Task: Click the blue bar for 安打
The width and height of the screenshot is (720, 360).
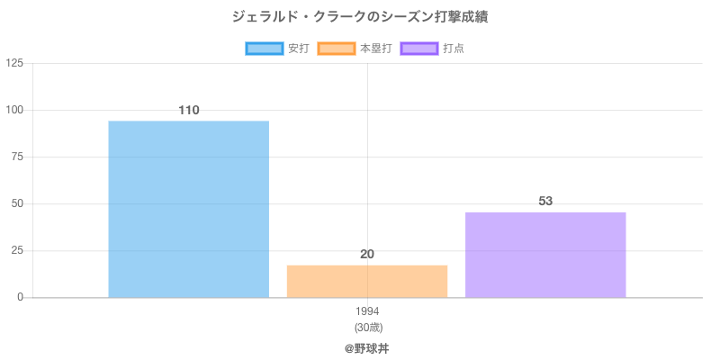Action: tap(188, 209)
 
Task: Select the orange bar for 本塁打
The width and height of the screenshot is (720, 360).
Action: tap(367, 281)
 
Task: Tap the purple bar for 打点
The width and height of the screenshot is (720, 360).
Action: tap(545, 255)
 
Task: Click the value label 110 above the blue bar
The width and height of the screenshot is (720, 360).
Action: tap(188, 111)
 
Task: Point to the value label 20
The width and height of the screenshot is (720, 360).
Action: tap(367, 255)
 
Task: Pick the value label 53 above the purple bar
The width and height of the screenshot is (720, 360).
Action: tap(545, 201)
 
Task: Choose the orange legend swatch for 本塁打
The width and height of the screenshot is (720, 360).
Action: tap(336, 49)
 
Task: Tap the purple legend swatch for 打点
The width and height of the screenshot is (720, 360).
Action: tap(419, 49)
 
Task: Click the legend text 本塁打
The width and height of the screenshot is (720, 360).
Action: tap(375, 49)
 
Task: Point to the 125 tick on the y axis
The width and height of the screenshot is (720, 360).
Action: tap(14, 63)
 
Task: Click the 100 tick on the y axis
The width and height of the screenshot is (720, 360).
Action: tap(14, 110)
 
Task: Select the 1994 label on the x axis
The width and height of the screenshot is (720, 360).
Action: tap(367, 311)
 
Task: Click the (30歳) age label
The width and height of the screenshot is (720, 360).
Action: tap(367, 327)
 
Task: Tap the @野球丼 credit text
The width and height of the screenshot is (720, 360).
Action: tap(367, 348)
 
